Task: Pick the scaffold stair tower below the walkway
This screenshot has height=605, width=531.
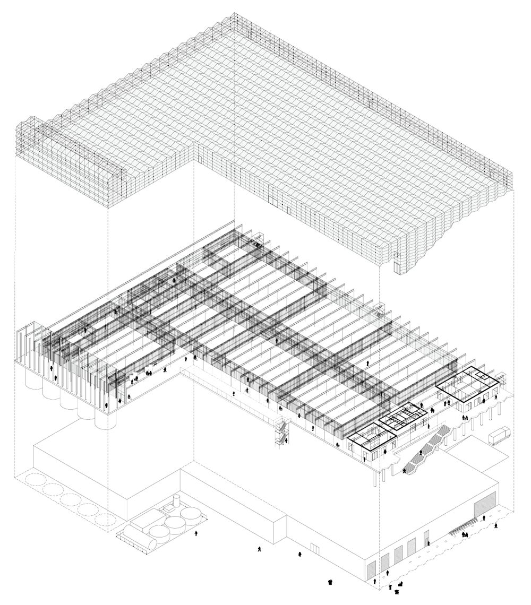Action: (x=280, y=431)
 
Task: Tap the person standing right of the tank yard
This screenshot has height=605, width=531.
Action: (x=196, y=533)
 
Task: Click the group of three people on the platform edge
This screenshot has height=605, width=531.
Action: (x=466, y=418)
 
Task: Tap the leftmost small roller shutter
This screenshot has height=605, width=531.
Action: (x=371, y=569)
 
